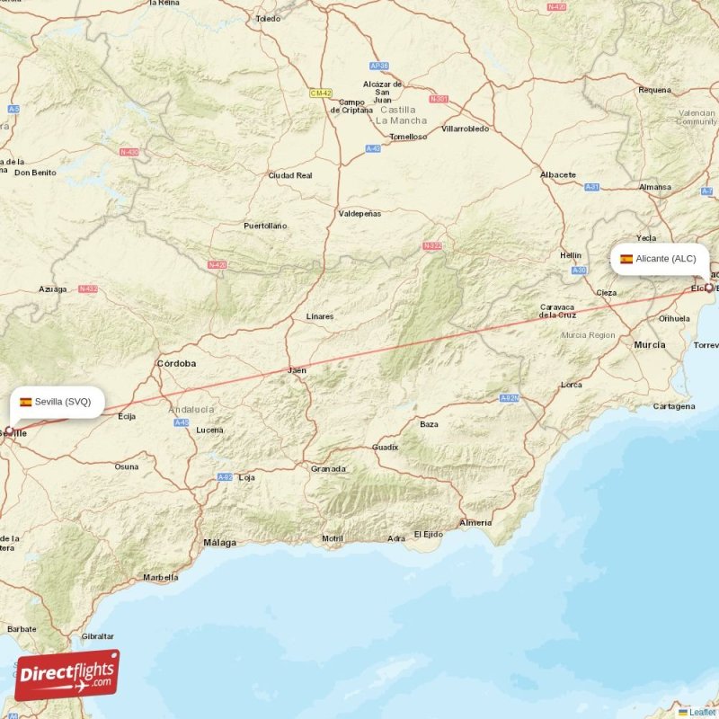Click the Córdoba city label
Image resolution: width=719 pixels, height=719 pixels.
176,364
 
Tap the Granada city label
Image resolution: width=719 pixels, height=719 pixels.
328,468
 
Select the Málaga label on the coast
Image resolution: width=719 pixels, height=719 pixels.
219,543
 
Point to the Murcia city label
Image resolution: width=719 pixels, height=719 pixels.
650,344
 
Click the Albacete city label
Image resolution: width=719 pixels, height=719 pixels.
558,174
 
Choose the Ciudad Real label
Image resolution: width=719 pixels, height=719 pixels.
290,175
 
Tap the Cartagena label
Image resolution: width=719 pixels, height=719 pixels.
674,406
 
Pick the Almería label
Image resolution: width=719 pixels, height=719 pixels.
475,522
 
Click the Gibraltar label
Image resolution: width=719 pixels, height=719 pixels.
97,635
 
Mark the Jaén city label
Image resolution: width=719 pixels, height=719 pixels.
297,370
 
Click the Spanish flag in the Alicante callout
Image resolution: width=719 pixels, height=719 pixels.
626,259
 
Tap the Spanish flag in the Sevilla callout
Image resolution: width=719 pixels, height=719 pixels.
26,402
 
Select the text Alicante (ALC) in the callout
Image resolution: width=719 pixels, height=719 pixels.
666,259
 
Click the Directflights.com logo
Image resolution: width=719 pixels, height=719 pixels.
67,675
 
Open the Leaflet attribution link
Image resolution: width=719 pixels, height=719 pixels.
702,712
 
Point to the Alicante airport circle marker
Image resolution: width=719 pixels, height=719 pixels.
709,288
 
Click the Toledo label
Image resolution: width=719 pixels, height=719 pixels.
268,18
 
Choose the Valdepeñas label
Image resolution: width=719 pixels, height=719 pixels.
359,214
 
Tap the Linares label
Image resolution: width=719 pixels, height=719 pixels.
319,316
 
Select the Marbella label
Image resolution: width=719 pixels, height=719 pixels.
160,577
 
